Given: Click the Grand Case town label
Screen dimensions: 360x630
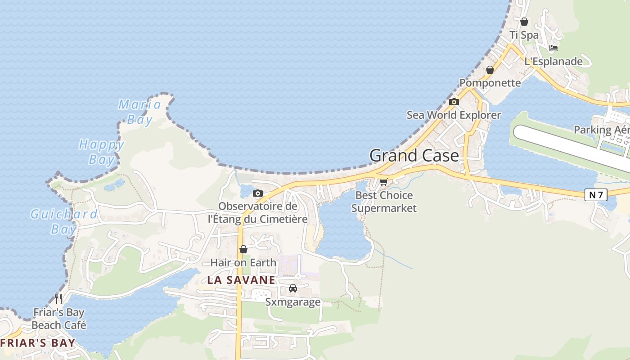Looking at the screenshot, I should pos(414,156).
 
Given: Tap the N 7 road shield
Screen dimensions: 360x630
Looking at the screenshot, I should pos(596,195).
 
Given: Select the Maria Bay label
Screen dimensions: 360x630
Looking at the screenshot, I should pos(139,112).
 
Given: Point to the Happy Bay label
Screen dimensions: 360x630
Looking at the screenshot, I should pos(101,152).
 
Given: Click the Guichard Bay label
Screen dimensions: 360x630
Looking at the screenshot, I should pos(63,221).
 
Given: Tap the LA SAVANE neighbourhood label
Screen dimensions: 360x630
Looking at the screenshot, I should pos(241,280).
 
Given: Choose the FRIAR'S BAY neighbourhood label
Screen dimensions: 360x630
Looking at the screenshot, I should pos(38,343).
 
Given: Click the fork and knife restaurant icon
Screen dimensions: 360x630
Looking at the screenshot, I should pos(58,299).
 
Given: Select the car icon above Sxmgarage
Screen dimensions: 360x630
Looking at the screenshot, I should pos(293,288).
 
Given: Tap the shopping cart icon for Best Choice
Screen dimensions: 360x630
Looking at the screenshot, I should pos(384,182).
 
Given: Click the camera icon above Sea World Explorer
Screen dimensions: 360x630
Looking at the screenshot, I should pos(454,102).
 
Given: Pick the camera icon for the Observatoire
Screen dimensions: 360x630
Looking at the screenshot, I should pos(258,193).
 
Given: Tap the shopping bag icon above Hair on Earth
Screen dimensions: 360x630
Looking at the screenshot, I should pos(243,249).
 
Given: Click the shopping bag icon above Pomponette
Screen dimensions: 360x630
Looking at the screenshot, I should pos(490,70).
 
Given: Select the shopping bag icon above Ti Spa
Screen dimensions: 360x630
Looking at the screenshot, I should pos(524,22).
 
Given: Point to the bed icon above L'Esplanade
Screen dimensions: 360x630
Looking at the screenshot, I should pos(553,48).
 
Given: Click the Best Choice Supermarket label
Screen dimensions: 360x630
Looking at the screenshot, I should pos(384,202).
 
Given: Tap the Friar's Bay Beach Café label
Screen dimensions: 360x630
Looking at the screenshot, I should pos(59,319).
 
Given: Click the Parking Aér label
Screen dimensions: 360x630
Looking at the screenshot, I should pos(601,130).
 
